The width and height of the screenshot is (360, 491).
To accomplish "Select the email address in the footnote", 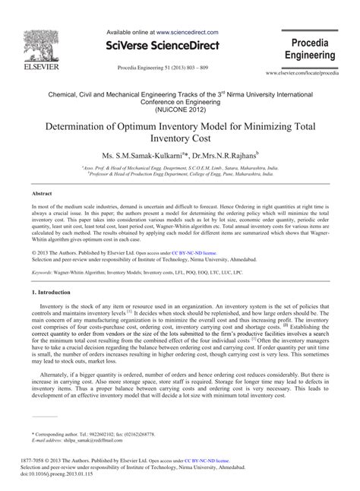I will tap(90, 441).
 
